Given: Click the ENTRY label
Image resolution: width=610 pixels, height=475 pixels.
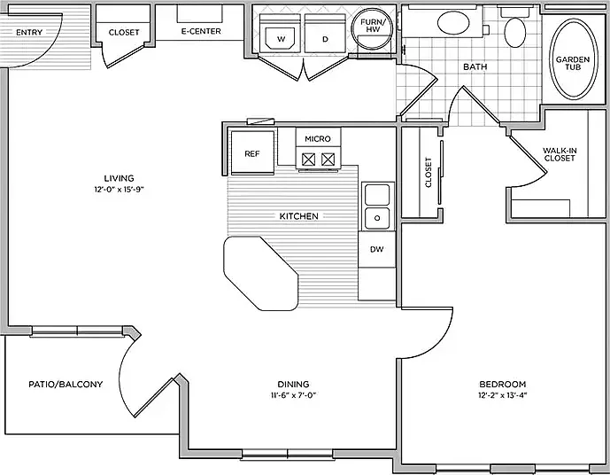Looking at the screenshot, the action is click(x=29, y=32).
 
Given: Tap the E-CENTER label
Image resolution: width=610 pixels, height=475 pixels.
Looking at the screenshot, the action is click(x=201, y=31).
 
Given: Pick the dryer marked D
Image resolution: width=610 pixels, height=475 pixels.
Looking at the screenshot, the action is click(x=325, y=34).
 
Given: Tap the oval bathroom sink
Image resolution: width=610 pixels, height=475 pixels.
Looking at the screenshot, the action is click(x=452, y=23).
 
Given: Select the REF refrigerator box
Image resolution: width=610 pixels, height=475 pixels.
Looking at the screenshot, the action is click(x=252, y=152).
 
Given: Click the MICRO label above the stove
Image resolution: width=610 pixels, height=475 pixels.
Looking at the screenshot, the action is click(x=318, y=138).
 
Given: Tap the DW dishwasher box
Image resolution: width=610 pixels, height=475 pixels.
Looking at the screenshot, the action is click(x=376, y=250).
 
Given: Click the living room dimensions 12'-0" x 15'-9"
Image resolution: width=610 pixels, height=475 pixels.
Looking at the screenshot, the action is click(x=119, y=191).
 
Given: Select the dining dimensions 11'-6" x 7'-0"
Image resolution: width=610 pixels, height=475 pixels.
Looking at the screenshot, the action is click(x=293, y=395).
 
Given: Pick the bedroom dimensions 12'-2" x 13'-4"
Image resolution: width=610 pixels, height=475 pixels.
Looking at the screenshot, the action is click(x=503, y=395).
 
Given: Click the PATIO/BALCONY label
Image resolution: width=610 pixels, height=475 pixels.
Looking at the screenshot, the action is click(x=66, y=385).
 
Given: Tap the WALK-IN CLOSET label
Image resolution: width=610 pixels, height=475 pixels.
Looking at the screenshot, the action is click(x=560, y=154).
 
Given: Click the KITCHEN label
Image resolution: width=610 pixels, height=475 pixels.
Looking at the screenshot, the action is click(x=298, y=216).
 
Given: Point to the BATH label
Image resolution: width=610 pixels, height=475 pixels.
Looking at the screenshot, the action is click(x=475, y=67).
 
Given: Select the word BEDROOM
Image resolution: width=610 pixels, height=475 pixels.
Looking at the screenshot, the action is click(x=503, y=385).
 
